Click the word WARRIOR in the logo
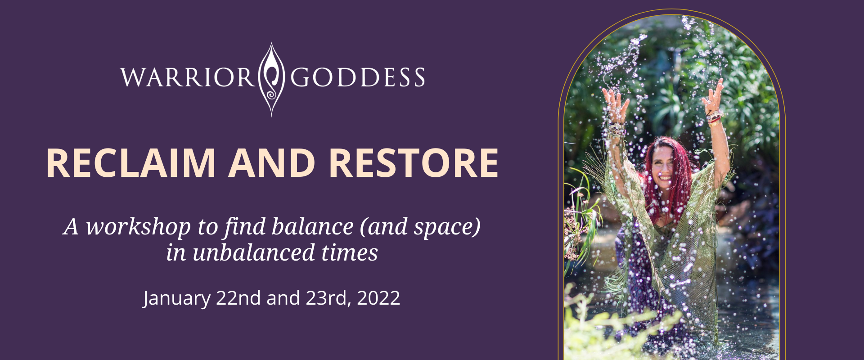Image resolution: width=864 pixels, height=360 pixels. (188, 77)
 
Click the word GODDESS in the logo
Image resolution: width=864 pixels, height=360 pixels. (358, 77)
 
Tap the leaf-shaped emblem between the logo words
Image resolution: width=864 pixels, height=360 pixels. (272, 79)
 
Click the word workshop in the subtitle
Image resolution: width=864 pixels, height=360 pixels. (138, 228)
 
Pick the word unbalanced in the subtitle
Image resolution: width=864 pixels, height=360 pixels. (253, 252)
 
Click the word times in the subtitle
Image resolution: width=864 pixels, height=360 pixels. (350, 253)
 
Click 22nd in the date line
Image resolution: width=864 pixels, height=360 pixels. (238, 298)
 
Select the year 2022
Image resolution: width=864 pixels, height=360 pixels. (378, 298)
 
